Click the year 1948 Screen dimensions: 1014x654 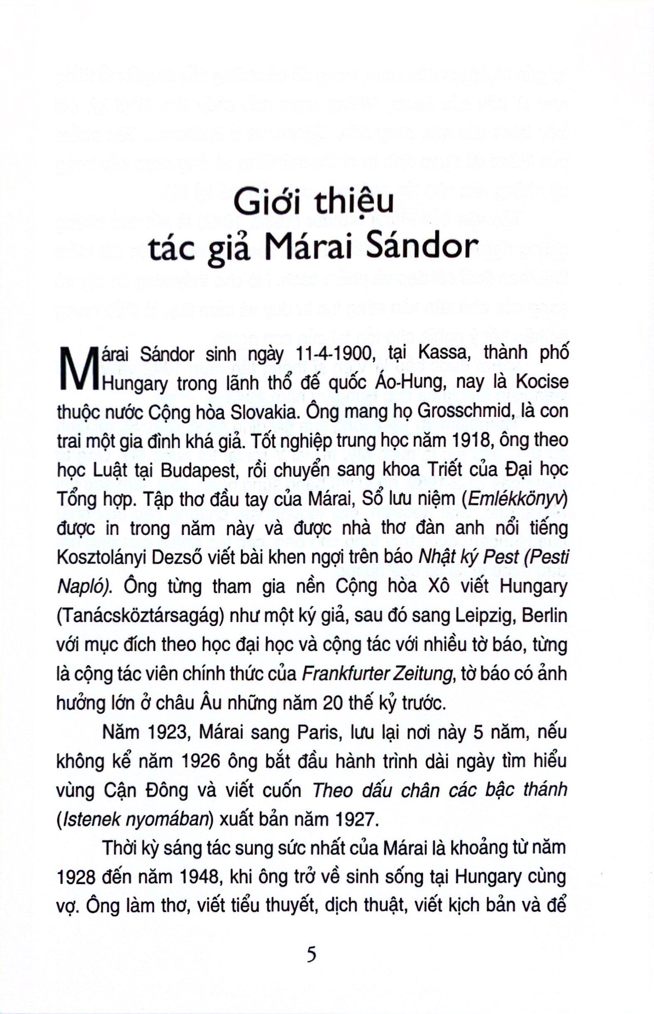tap(200, 879)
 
